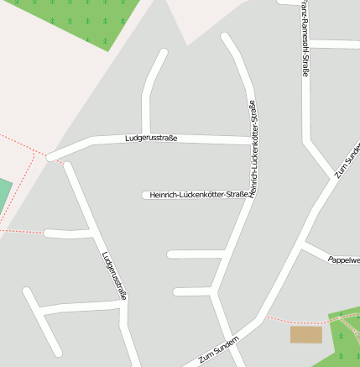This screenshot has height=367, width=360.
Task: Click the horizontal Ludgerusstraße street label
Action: (151, 138)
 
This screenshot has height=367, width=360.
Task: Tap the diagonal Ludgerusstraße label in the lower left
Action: (114, 275)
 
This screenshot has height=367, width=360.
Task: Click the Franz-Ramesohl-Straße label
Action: (304, 38)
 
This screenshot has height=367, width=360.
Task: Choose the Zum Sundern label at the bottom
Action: (219, 349)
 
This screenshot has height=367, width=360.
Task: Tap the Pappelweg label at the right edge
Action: (344, 260)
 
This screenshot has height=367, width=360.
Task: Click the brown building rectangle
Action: (305, 334)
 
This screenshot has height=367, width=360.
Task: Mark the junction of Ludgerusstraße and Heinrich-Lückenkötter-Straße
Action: (251, 140)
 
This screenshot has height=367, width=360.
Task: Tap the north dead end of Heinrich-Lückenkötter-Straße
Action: (225, 37)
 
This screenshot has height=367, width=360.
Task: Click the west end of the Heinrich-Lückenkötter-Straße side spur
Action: (145, 195)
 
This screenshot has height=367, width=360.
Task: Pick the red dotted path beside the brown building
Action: (294, 321)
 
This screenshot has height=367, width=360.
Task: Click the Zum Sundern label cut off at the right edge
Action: (347, 160)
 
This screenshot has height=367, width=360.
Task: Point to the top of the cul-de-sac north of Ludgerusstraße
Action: (162, 53)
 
